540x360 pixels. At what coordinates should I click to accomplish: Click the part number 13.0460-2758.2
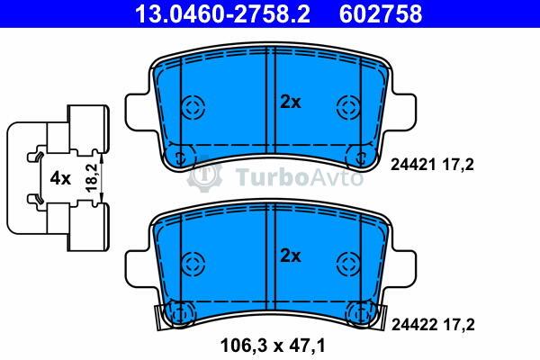pos(222,14)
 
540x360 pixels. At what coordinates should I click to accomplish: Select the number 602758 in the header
pos(381,14)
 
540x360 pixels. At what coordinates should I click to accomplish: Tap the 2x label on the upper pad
pos(291,103)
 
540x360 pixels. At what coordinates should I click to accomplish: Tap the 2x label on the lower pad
pos(291,256)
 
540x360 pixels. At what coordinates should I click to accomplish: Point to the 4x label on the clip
pos(60,179)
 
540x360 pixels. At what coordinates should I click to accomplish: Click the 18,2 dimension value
pos(92,178)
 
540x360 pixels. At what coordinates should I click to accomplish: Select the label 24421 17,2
pos(432,165)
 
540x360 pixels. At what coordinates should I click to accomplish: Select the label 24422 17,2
pos(433,325)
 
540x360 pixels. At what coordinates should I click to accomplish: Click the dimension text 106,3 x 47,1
pos(272,346)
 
